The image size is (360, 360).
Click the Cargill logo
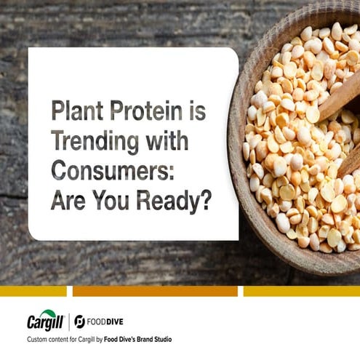pyautogui.click(x=45, y=321)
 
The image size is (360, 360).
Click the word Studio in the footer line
pyautogui.click(x=162, y=340)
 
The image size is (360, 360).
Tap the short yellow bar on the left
pyautogui.click(x=33, y=291)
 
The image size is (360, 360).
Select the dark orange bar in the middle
pyautogui.click(x=155, y=291)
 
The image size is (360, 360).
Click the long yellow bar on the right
pyautogui.click(x=301, y=291)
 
